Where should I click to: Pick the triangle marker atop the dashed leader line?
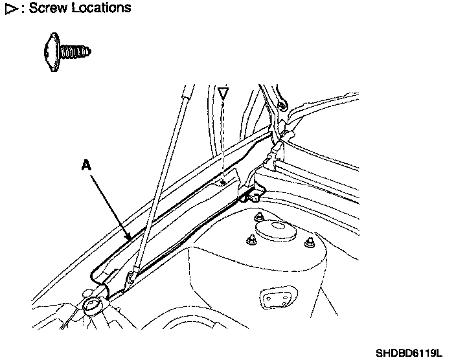(223, 94)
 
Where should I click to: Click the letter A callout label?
(86, 166)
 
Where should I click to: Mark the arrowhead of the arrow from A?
(131, 240)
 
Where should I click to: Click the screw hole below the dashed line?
(222, 183)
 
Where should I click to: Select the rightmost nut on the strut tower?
(310, 243)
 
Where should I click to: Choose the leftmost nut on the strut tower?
(250, 240)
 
